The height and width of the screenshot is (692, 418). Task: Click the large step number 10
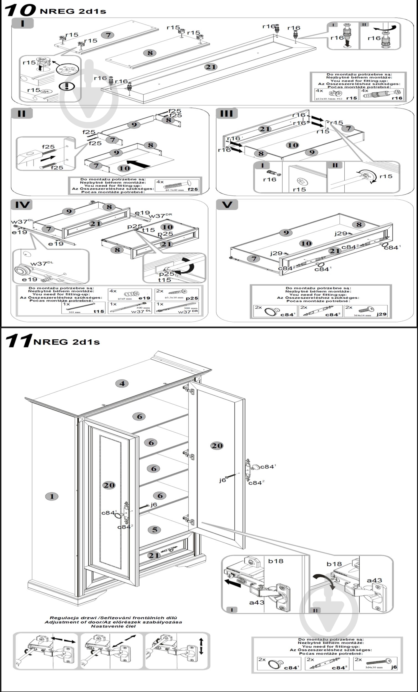click(x=20, y=10)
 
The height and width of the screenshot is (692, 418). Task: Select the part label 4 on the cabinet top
click(x=122, y=383)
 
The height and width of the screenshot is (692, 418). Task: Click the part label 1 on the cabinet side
click(x=52, y=496)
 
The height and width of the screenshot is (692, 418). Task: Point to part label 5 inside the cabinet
click(x=155, y=530)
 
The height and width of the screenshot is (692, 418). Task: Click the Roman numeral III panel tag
click(x=227, y=113)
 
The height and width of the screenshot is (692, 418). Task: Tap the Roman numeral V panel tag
click(x=227, y=205)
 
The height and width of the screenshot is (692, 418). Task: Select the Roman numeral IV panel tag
click(x=22, y=205)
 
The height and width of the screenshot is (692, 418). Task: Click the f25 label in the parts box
click(x=193, y=189)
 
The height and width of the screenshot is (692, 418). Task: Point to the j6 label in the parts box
click(x=394, y=667)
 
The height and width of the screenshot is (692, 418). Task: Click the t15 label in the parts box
click(x=99, y=311)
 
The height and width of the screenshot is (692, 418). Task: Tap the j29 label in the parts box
click(x=381, y=314)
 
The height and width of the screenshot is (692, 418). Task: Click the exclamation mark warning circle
click(x=67, y=86)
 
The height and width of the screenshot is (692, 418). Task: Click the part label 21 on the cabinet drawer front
click(x=154, y=555)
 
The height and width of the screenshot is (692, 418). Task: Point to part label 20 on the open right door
click(x=217, y=446)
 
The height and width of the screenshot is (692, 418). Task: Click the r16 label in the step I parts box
click(x=397, y=98)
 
